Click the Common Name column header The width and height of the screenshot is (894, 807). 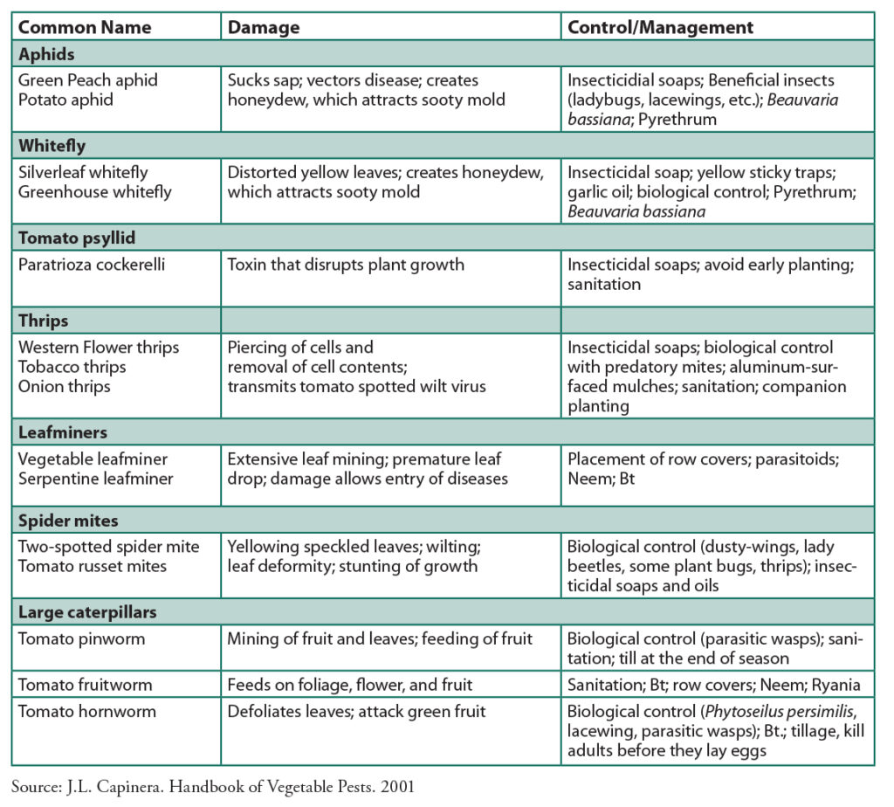coord(84,27)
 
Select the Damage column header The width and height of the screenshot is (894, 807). coord(264,27)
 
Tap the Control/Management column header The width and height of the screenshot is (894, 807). coord(661,27)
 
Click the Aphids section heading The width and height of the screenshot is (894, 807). coord(46,54)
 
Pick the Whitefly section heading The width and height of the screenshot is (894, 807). coord(52,145)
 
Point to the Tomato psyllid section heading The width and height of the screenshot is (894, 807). coord(77,238)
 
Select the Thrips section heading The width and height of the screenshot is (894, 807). coord(45,320)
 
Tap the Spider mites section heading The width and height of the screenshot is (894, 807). coord(68,521)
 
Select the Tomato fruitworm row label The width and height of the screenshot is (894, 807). coord(86,685)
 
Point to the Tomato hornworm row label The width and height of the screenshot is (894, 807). coord(87,711)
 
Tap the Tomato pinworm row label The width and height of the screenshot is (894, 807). coord(82,638)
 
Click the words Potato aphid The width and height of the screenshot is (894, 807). coord(65,100)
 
